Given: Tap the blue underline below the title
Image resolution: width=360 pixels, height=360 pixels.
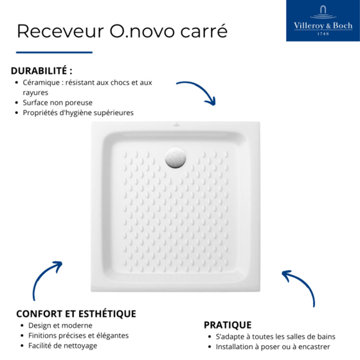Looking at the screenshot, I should pos(54,52).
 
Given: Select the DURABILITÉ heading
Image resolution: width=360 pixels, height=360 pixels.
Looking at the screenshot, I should pos(42,71).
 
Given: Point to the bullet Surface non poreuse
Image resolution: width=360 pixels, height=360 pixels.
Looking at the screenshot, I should pos(58,102).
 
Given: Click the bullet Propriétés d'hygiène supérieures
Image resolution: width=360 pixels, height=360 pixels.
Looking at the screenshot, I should pos(78,112).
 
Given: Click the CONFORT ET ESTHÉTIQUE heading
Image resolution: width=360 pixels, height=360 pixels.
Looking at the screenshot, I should pos(76,314).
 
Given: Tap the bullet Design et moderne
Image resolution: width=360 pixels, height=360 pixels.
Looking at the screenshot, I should pos(60,326).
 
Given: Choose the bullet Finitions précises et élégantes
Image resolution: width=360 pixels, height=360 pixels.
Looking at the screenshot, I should pos(78,335).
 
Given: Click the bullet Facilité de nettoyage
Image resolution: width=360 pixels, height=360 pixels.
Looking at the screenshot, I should pos(63,346).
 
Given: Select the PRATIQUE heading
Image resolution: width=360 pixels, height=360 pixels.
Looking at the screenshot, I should pos(227,325).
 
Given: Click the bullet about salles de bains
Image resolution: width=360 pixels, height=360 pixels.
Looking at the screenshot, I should pos(275,337).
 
